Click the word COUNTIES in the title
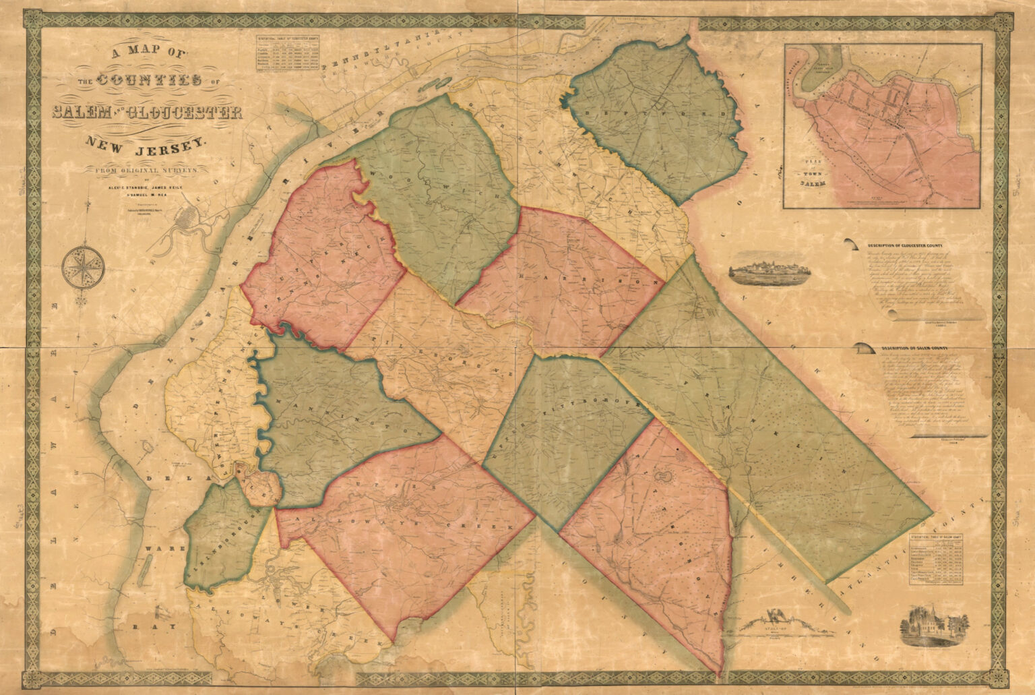pos(150,80)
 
